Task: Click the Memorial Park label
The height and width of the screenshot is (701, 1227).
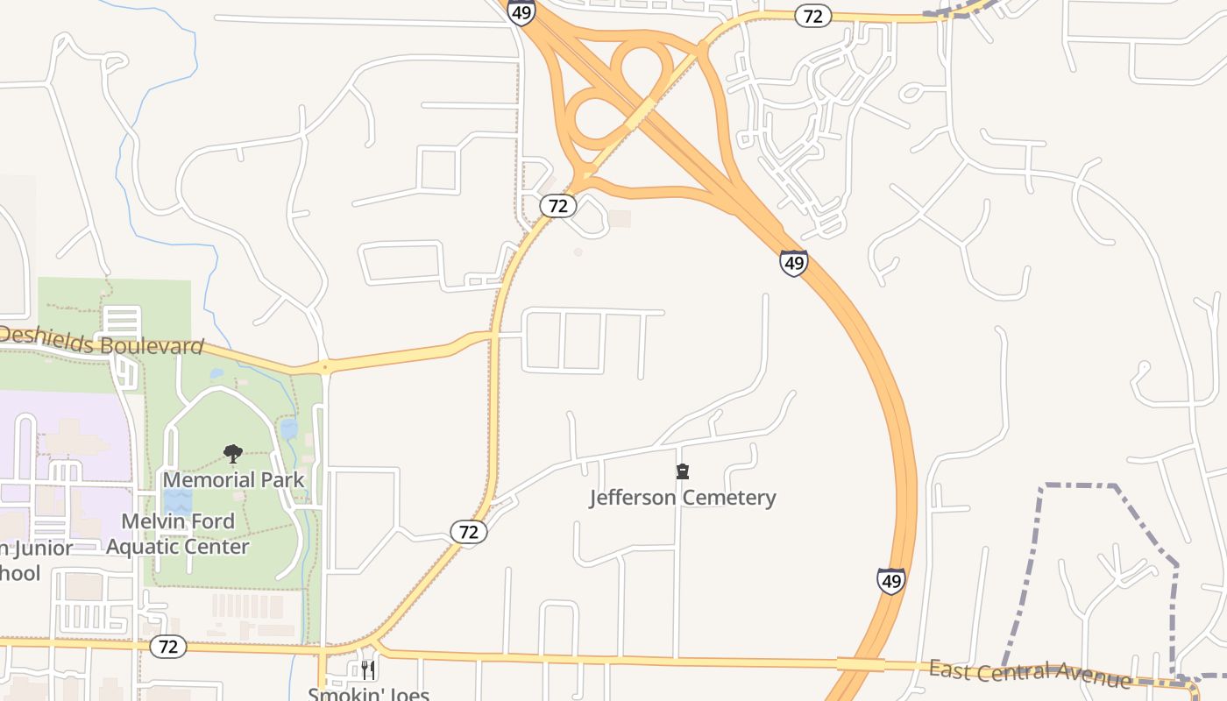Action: point(233,479)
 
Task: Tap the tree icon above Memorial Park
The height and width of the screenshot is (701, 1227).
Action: point(233,453)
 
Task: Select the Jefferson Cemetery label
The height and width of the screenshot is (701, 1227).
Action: point(683,498)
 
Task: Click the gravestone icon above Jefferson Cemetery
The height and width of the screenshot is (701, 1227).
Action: point(683,471)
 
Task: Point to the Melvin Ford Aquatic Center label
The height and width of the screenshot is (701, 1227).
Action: point(178,534)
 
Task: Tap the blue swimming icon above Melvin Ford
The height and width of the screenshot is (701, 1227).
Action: point(178,500)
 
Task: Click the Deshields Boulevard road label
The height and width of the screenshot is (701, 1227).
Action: point(102,342)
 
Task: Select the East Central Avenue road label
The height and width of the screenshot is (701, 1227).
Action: point(1030,674)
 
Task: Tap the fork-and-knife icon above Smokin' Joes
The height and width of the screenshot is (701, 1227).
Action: point(368,670)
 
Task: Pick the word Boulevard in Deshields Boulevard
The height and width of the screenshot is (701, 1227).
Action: point(152,345)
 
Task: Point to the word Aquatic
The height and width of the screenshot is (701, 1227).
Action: point(145,547)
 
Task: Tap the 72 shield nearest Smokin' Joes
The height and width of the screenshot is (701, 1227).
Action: point(168,647)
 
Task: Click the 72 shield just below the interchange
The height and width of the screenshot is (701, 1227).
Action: point(558,206)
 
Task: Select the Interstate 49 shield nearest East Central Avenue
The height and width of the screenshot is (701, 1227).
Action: point(890,581)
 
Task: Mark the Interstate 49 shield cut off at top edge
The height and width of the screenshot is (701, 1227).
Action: point(521,11)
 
